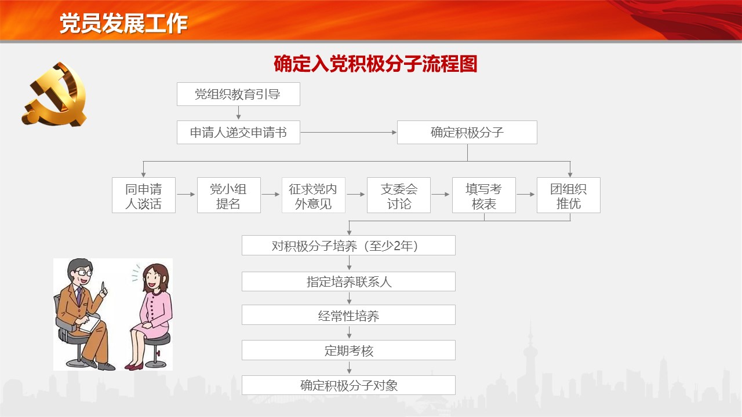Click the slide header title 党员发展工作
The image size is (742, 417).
pyautogui.click(x=123, y=24)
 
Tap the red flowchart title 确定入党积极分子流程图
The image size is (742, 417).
pyautogui.click(x=375, y=64)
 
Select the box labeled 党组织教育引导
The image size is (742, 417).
pyautogui.click(x=238, y=94)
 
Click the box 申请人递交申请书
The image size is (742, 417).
pyautogui.click(x=238, y=133)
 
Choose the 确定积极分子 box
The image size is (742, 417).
pyautogui.click(x=467, y=133)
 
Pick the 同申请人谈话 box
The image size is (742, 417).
pyautogui.click(x=144, y=195)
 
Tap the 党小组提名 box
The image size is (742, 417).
pyautogui.click(x=229, y=195)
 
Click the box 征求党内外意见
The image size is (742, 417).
pyautogui.click(x=314, y=195)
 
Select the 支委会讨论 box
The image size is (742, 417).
pyautogui.click(x=399, y=195)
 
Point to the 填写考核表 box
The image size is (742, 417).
pyautogui.click(x=484, y=195)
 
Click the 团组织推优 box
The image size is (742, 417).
pyautogui.click(x=569, y=195)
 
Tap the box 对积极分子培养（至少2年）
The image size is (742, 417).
pyautogui.click(x=348, y=245)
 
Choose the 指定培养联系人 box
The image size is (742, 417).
pyautogui.click(x=348, y=281)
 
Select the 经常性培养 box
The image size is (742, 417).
pyautogui.click(x=348, y=314)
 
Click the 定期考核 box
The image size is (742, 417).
pyautogui.click(x=348, y=350)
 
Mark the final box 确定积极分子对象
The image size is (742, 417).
pyautogui.click(x=348, y=385)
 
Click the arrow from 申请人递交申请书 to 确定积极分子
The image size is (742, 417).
pyautogui.click(x=348, y=133)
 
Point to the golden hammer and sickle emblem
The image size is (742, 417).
pyautogui.click(x=55, y=94)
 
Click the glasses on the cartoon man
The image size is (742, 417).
pyautogui.click(x=84, y=273)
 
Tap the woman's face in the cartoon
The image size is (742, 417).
pyautogui.click(x=154, y=277)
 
